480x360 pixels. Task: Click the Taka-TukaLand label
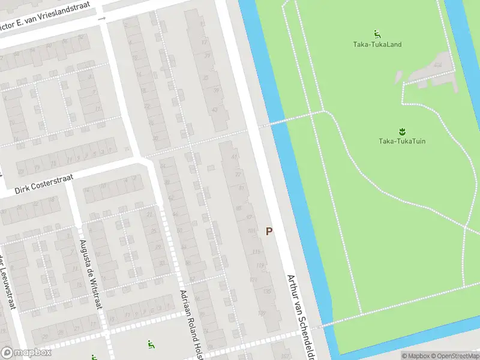[377, 44]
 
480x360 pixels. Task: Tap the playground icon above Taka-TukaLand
[377, 34]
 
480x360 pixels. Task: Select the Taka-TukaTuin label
[401, 141]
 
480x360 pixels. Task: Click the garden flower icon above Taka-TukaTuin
[401, 130]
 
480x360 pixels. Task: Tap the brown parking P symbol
[269, 231]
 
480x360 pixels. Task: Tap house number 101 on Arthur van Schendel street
[252, 230]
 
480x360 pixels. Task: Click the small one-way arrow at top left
[102, 19]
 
